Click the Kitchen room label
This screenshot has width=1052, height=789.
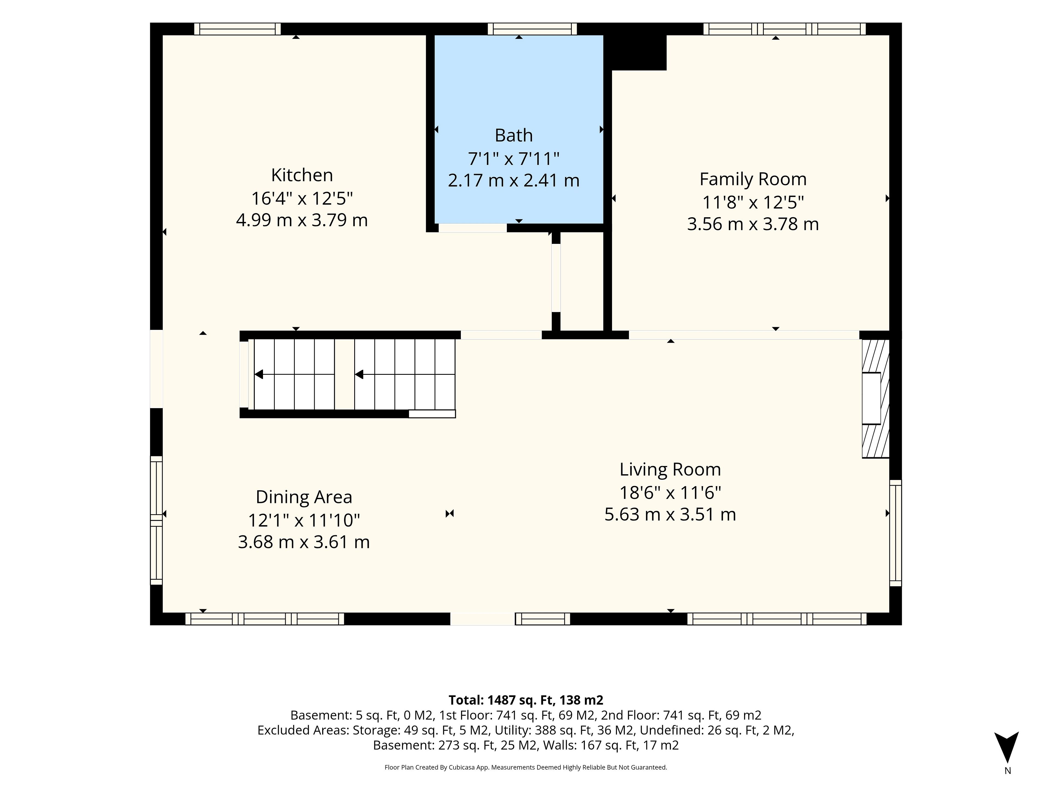302,175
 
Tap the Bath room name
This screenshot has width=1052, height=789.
514,136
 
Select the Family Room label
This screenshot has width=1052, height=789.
753,179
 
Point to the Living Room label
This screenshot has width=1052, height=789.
670,469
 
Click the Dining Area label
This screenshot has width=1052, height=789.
304,497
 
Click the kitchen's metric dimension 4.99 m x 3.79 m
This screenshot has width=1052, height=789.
302,220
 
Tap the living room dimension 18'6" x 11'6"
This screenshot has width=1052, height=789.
670,492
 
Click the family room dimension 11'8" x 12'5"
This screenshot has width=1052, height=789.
753,202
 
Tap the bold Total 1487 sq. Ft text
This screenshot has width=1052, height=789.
526,700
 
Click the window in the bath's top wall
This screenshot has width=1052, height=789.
532,29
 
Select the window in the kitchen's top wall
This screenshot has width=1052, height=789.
237,29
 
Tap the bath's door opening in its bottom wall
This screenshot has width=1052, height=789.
472,228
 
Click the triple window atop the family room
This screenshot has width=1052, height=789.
785,29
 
